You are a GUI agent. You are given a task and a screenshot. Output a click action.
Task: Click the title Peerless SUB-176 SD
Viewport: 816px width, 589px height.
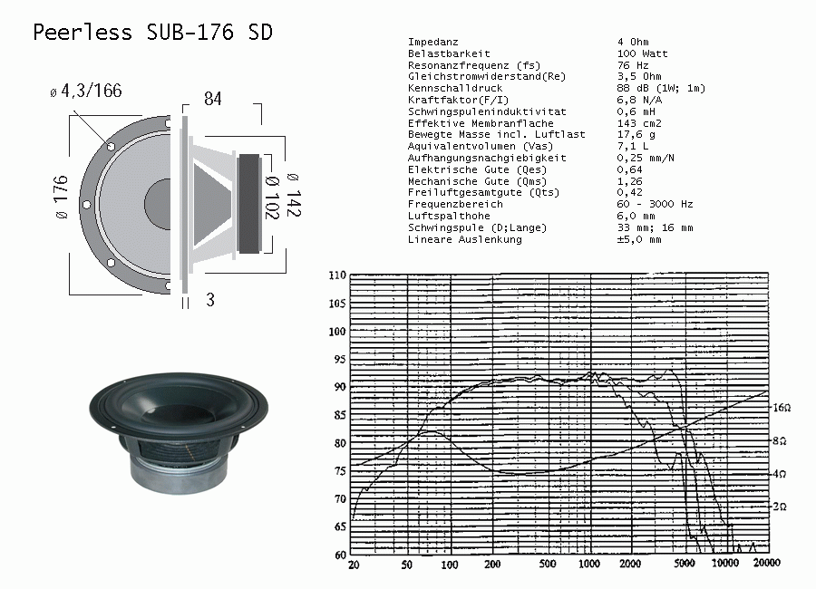(152, 33)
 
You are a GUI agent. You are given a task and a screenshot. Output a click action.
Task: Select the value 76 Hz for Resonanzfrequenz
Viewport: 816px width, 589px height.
(633, 65)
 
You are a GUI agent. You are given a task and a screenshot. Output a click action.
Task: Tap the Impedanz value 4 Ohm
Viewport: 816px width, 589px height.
(633, 42)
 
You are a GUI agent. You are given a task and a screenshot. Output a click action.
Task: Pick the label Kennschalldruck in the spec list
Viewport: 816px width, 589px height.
(455, 88)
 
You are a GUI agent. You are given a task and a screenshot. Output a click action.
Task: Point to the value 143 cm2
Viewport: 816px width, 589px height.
(639, 123)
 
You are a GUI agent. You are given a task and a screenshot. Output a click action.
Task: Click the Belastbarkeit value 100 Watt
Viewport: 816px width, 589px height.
(642, 53)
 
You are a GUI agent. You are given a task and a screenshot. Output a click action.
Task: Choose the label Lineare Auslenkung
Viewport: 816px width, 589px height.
(464, 239)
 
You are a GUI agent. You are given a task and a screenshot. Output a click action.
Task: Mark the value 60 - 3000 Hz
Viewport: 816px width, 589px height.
(656, 204)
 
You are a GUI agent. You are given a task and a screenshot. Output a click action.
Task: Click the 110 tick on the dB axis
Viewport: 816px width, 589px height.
(337, 275)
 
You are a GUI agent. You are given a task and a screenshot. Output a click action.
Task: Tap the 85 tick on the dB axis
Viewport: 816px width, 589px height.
(339, 415)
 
